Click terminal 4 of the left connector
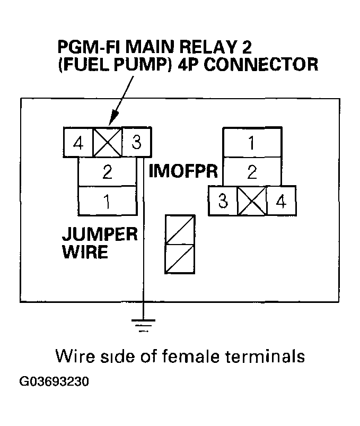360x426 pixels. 78,143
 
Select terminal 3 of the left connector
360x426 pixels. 136,143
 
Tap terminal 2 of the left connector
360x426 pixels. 107,172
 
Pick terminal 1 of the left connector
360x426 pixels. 107,201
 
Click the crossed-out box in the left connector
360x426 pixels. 108,143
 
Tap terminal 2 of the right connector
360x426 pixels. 252,172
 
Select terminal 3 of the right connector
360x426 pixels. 223,201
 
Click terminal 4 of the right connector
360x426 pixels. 280,201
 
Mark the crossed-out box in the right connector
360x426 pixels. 252,201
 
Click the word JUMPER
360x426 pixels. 100,234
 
